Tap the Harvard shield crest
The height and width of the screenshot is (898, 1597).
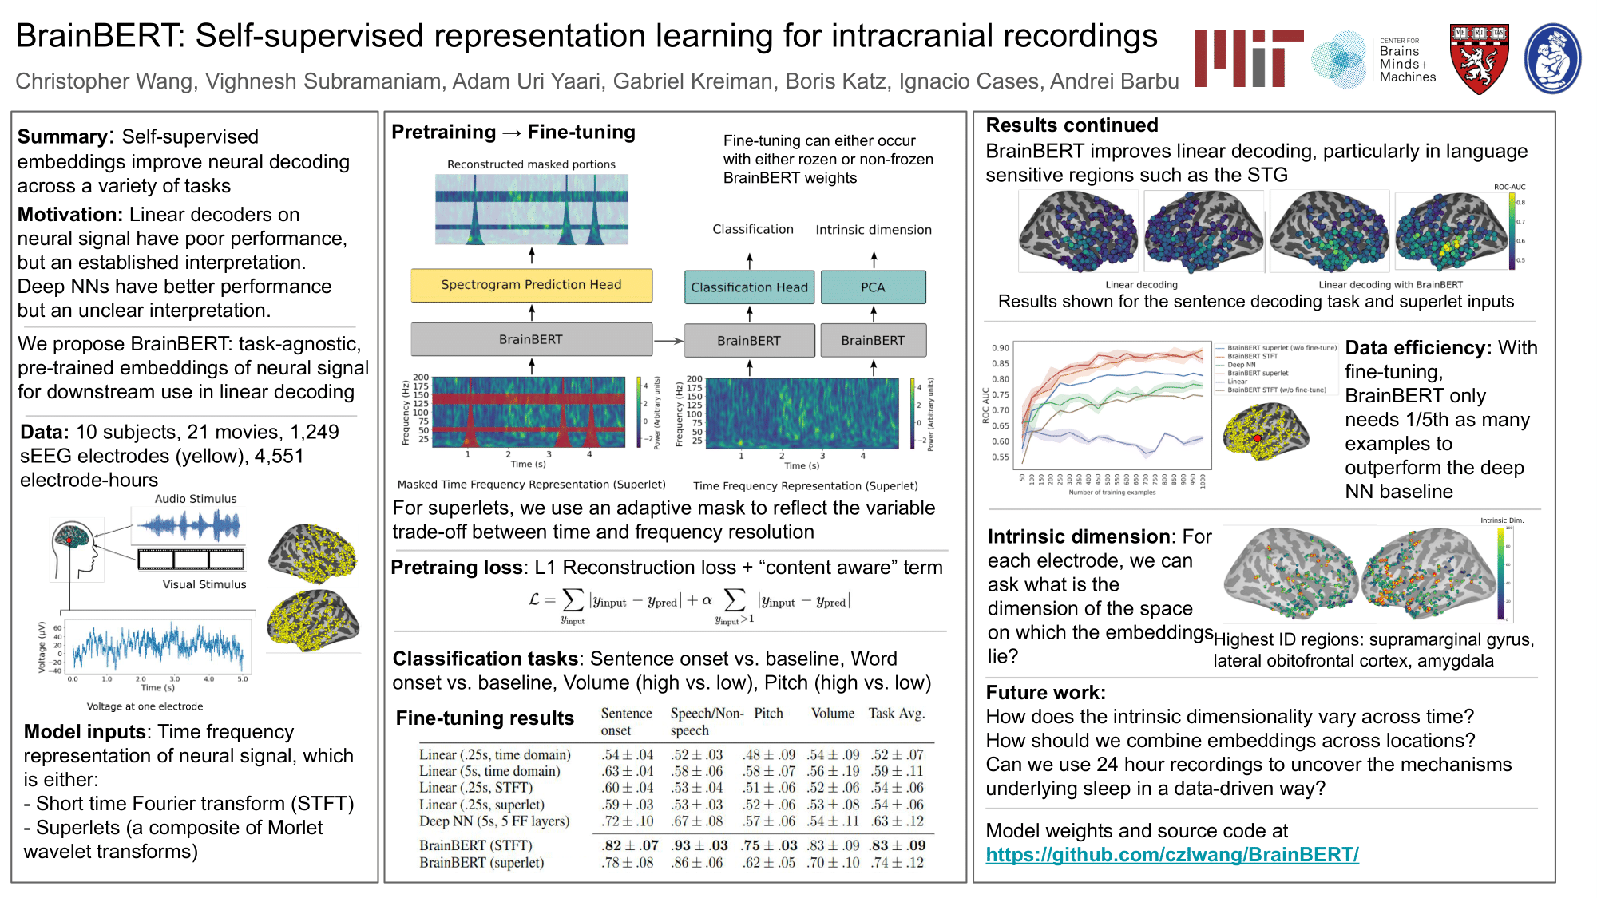[1479, 59]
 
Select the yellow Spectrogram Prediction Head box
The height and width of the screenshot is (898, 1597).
[531, 285]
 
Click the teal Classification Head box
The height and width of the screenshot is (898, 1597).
[749, 287]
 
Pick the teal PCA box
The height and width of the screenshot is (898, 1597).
[873, 287]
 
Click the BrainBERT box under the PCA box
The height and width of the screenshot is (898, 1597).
[873, 341]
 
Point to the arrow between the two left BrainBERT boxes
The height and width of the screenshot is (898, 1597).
[668, 341]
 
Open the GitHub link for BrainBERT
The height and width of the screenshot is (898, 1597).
[1171, 855]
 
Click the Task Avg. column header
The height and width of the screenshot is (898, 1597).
[897, 714]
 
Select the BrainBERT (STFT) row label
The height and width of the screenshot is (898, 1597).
[476, 845]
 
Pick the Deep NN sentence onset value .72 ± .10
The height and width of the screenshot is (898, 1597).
[627, 821]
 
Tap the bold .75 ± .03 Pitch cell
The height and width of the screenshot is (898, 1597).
[769, 845]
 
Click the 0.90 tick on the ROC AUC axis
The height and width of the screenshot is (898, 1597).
[1000, 348]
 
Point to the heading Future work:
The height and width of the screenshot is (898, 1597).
[1045, 693]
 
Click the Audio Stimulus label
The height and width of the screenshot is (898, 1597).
[196, 499]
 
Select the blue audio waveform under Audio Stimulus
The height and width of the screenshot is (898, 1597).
[188, 525]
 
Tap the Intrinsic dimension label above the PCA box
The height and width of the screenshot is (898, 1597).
[874, 230]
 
